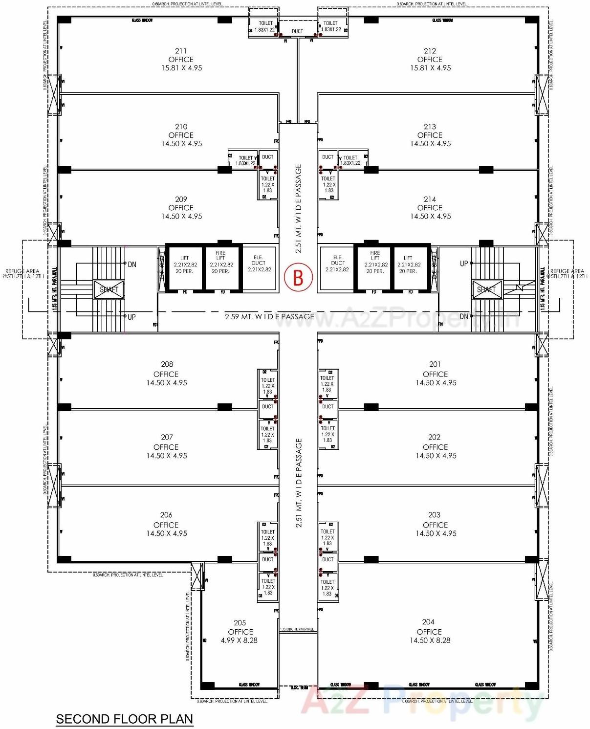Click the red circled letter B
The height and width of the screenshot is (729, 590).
[x=298, y=277]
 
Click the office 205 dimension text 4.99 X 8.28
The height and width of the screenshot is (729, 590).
[x=239, y=640]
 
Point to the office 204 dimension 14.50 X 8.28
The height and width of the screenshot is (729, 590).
[x=430, y=640]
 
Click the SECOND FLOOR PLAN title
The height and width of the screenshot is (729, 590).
[x=124, y=719]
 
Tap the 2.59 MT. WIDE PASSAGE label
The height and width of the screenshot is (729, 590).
[x=269, y=317]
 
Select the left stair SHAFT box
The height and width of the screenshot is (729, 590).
[x=109, y=289]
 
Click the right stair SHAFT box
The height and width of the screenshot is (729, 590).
[x=486, y=289]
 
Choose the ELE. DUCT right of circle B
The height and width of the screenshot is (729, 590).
[x=337, y=263]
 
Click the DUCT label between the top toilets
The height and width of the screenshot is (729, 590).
[x=297, y=31]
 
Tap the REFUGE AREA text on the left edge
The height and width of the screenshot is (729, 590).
[x=22, y=273]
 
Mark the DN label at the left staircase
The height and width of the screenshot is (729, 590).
[x=132, y=265]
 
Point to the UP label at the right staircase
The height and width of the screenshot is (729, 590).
[x=463, y=264]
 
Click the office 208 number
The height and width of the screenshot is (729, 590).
[x=167, y=364]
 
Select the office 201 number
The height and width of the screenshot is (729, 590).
[x=435, y=364]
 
